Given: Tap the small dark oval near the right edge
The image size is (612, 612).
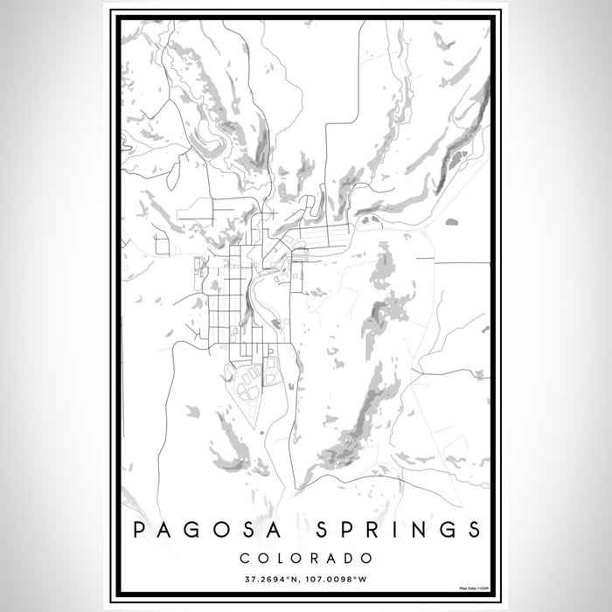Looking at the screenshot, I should click(451, 222).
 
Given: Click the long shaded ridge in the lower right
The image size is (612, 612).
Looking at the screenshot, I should click(354, 420).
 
